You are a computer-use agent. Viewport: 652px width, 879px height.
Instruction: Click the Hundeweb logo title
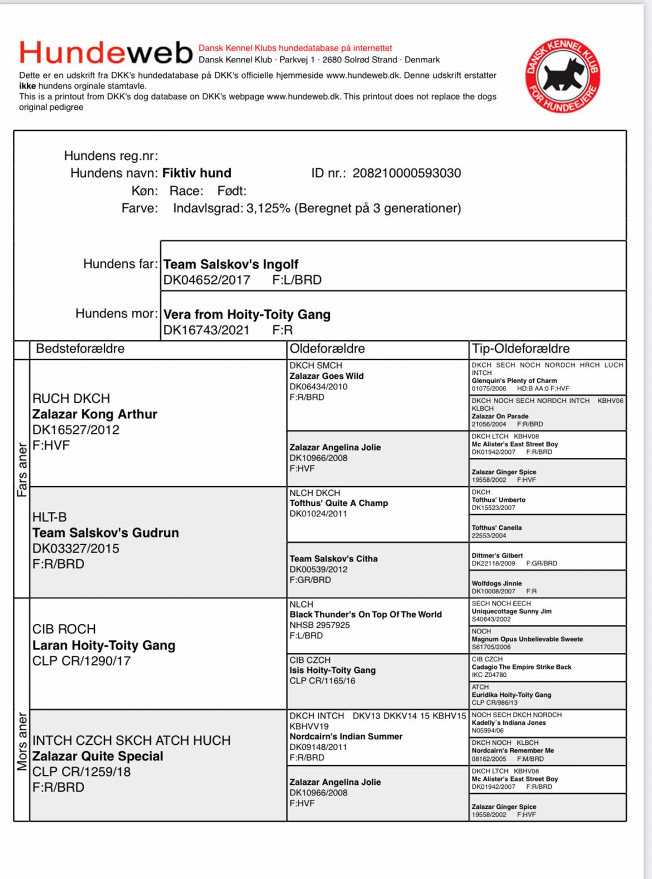(106, 53)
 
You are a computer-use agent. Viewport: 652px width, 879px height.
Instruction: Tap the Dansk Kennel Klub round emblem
(563, 75)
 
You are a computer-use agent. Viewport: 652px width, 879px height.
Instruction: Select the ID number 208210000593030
(407, 173)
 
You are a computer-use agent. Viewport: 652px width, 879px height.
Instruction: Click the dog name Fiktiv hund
(197, 173)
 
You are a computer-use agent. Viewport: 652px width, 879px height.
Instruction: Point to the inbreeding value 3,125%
(268, 208)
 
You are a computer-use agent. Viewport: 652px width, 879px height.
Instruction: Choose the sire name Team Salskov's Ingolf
(231, 264)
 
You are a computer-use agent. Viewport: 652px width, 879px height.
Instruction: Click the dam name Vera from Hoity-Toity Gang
(247, 314)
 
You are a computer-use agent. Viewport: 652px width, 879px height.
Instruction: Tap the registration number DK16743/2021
(206, 330)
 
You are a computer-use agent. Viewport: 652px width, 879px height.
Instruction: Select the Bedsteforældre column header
(80, 349)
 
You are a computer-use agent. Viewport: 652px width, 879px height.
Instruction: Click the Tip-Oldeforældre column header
(520, 349)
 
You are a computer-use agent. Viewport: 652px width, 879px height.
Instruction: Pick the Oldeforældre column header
(327, 349)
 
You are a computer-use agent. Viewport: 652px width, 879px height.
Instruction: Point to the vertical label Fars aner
(22, 470)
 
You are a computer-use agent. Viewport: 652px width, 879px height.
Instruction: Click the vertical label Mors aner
(22, 741)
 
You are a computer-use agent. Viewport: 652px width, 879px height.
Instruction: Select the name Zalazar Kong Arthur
(95, 414)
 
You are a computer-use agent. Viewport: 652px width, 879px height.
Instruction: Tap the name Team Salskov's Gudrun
(105, 533)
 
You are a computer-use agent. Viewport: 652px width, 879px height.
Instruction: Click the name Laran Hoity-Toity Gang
(104, 645)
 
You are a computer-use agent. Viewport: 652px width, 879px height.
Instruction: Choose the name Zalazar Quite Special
(98, 756)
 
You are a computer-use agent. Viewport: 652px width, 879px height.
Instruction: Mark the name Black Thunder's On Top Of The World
(366, 614)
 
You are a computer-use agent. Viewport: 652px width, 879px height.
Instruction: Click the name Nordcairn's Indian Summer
(346, 736)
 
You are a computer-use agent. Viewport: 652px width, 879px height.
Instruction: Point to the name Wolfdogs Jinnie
(497, 583)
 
